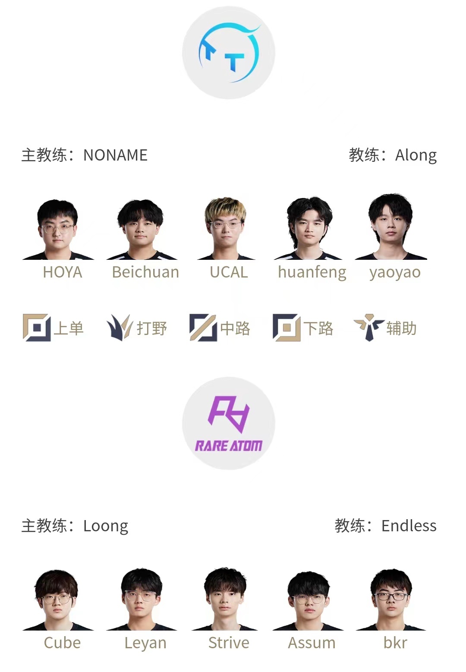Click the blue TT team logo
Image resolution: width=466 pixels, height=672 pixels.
tap(229, 53)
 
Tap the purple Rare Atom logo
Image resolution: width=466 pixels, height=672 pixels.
tap(229, 423)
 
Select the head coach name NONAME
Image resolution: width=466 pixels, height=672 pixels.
tap(116, 155)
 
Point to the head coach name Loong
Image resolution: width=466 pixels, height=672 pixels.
tap(106, 526)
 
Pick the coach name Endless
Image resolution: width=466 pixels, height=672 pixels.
tap(409, 526)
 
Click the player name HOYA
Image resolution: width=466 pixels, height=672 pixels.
tap(63, 272)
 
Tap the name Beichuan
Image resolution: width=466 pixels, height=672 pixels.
tap(145, 272)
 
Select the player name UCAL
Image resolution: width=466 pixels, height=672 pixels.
tap(229, 272)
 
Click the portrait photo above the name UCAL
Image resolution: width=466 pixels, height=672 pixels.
tap(226, 228)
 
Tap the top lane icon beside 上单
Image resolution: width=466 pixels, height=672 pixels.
tap(37, 328)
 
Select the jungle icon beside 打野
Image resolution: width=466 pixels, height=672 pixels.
tap(119, 328)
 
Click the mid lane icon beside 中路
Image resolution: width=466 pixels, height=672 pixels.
tap(203, 328)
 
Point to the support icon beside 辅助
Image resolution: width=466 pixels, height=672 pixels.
tap(369, 328)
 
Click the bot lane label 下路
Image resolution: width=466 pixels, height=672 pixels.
tap(318, 328)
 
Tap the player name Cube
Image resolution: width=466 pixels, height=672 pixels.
tap(63, 643)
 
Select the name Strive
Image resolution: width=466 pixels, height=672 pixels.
tap(229, 643)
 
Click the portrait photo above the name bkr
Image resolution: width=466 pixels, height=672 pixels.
tap(391, 599)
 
